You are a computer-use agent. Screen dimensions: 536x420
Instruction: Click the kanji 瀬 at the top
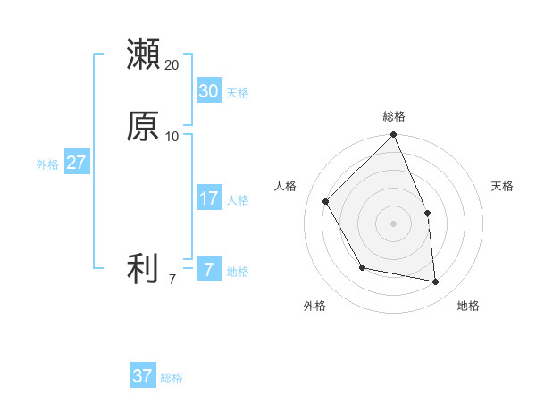point(143,55)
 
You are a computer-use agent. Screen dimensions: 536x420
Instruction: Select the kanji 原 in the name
point(143,126)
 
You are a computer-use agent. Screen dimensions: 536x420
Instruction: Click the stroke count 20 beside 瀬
point(172,65)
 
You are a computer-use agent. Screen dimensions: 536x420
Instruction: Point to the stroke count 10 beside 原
point(172,137)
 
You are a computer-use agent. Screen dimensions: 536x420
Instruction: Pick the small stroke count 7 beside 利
point(172,280)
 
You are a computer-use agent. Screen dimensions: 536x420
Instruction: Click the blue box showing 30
point(208,91)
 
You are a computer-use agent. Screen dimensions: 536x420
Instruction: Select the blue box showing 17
point(208,198)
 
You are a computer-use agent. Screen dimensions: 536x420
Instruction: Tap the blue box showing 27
point(76,163)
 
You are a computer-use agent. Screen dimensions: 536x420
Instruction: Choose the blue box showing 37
point(142,376)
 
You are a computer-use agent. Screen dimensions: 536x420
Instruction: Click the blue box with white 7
point(208,270)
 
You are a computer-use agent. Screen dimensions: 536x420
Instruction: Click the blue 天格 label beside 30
point(238,93)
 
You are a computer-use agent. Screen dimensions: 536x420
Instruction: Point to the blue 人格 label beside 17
point(238,200)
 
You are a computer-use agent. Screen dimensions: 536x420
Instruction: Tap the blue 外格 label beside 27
point(47,164)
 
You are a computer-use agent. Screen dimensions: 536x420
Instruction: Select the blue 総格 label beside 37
point(172,378)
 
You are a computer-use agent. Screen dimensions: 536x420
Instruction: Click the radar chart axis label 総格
point(394,116)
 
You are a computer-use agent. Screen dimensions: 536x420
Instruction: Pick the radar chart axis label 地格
point(468,307)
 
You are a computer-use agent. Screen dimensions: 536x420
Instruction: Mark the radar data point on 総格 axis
point(394,136)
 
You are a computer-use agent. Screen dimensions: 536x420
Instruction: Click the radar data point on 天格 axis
point(427,213)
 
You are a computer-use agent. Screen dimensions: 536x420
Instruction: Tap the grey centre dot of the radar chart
point(394,223)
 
